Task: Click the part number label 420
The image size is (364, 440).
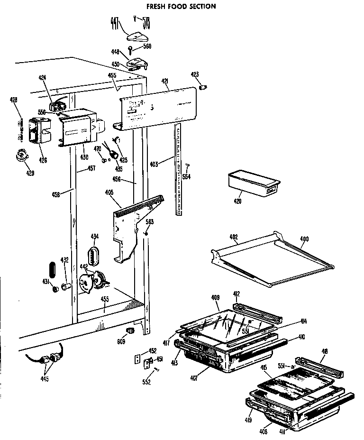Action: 237,201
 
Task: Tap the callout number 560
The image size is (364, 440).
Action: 147,47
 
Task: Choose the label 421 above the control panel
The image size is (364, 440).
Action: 165,82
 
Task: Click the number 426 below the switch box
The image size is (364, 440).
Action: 43,160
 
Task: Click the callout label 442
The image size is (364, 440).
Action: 83,267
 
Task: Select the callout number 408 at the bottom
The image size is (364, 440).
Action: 263,432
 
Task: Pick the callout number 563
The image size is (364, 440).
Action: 150,222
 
